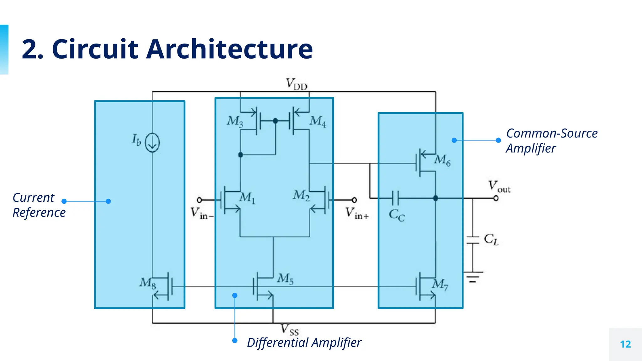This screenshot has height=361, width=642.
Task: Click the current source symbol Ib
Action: click(152, 143)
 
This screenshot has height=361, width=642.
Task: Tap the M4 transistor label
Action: click(318, 121)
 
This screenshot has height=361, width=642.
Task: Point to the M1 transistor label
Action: click(247, 198)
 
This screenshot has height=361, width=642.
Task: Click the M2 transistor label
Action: click(301, 195)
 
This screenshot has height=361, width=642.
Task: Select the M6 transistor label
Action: click(442, 160)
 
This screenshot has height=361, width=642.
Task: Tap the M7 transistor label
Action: click(440, 285)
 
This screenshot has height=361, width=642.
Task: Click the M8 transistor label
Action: click(147, 283)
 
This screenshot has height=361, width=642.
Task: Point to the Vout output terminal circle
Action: click(496, 198)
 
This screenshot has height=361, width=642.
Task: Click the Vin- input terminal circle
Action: click(199, 200)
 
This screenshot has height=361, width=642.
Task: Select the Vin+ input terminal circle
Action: click(354, 200)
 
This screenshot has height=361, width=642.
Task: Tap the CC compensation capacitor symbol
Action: click(395, 198)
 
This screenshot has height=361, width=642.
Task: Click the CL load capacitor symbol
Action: click(473, 240)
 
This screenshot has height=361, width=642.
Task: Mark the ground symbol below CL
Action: click(473, 277)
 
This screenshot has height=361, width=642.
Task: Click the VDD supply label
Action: click(296, 84)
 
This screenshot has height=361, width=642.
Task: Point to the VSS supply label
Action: click(289, 330)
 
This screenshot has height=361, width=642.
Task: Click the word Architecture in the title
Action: click(229, 49)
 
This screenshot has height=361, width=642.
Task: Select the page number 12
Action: click(625, 344)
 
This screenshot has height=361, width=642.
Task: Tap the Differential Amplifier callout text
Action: click(304, 343)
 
